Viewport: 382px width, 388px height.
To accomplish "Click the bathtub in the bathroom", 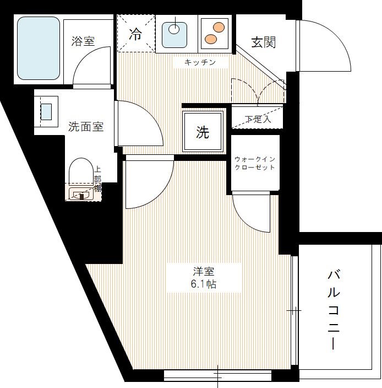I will tap(38, 48).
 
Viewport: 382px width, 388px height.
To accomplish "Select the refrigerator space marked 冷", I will tap(135, 34).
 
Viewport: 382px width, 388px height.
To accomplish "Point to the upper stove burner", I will tap(219, 26).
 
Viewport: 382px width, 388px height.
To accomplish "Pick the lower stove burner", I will tap(210, 39).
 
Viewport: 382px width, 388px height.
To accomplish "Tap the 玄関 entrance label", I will tap(263, 42).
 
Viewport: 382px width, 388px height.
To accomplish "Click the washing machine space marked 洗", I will tap(203, 132).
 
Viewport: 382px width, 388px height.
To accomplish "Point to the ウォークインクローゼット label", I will tap(254, 163).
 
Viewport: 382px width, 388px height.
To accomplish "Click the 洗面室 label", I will tap(86, 126).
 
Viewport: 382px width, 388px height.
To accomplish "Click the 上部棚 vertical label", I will tap(97, 179).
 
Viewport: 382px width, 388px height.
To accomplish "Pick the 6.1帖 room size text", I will tap(203, 284).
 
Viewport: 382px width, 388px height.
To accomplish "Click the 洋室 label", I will tap(203, 272).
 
